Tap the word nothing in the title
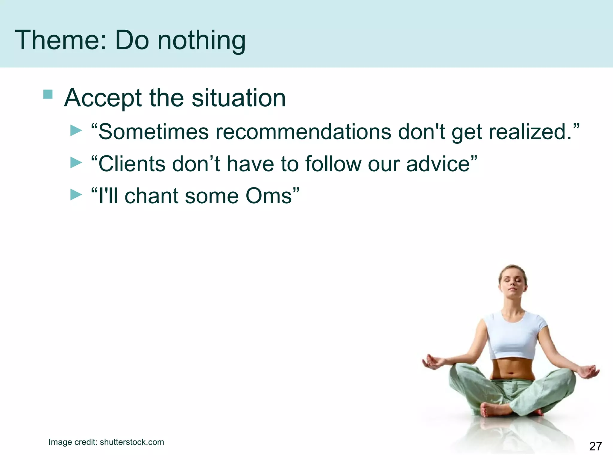click(x=201, y=41)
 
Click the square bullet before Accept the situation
click(x=48, y=94)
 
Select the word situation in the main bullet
click(x=239, y=98)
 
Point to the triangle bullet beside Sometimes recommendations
click(x=76, y=131)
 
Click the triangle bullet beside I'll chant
click(x=76, y=195)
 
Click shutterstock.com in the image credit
click(x=132, y=442)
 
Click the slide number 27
click(x=595, y=446)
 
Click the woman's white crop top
click(x=513, y=335)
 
